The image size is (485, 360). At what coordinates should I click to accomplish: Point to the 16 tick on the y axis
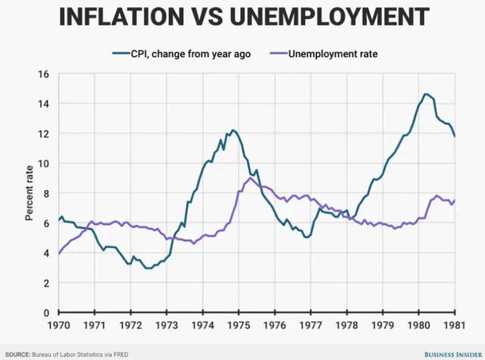tap(43, 74)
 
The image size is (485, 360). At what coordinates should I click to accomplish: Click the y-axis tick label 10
tap(43, 164)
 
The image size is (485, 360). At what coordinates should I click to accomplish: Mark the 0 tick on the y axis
tap(45, 312)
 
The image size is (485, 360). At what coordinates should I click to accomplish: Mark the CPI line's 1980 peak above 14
tap(426, 94)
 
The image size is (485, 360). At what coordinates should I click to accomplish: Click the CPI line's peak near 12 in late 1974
tap(233, 130)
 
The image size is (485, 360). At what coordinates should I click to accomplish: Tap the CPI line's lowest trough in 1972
tap(147, 268)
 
